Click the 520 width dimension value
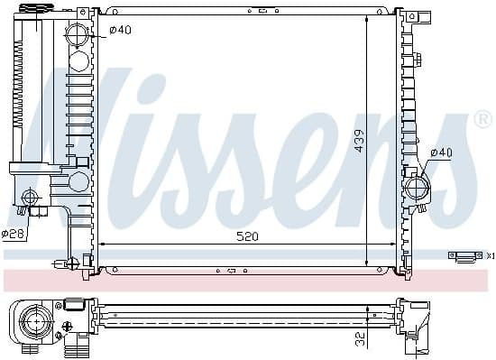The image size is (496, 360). coord(248,236)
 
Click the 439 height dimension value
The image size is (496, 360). coord(359,141)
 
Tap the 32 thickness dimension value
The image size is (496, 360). coord(360,338)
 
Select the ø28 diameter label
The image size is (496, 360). coord(13,234)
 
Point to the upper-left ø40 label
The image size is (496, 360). coord(120,30)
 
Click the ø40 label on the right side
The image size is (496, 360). coord(442,152)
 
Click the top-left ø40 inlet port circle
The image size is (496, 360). coord(77,34)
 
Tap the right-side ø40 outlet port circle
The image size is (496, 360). coord(417,189)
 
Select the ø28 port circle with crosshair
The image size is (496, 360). coord(30,198)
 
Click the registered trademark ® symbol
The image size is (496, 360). coord(482,120)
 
